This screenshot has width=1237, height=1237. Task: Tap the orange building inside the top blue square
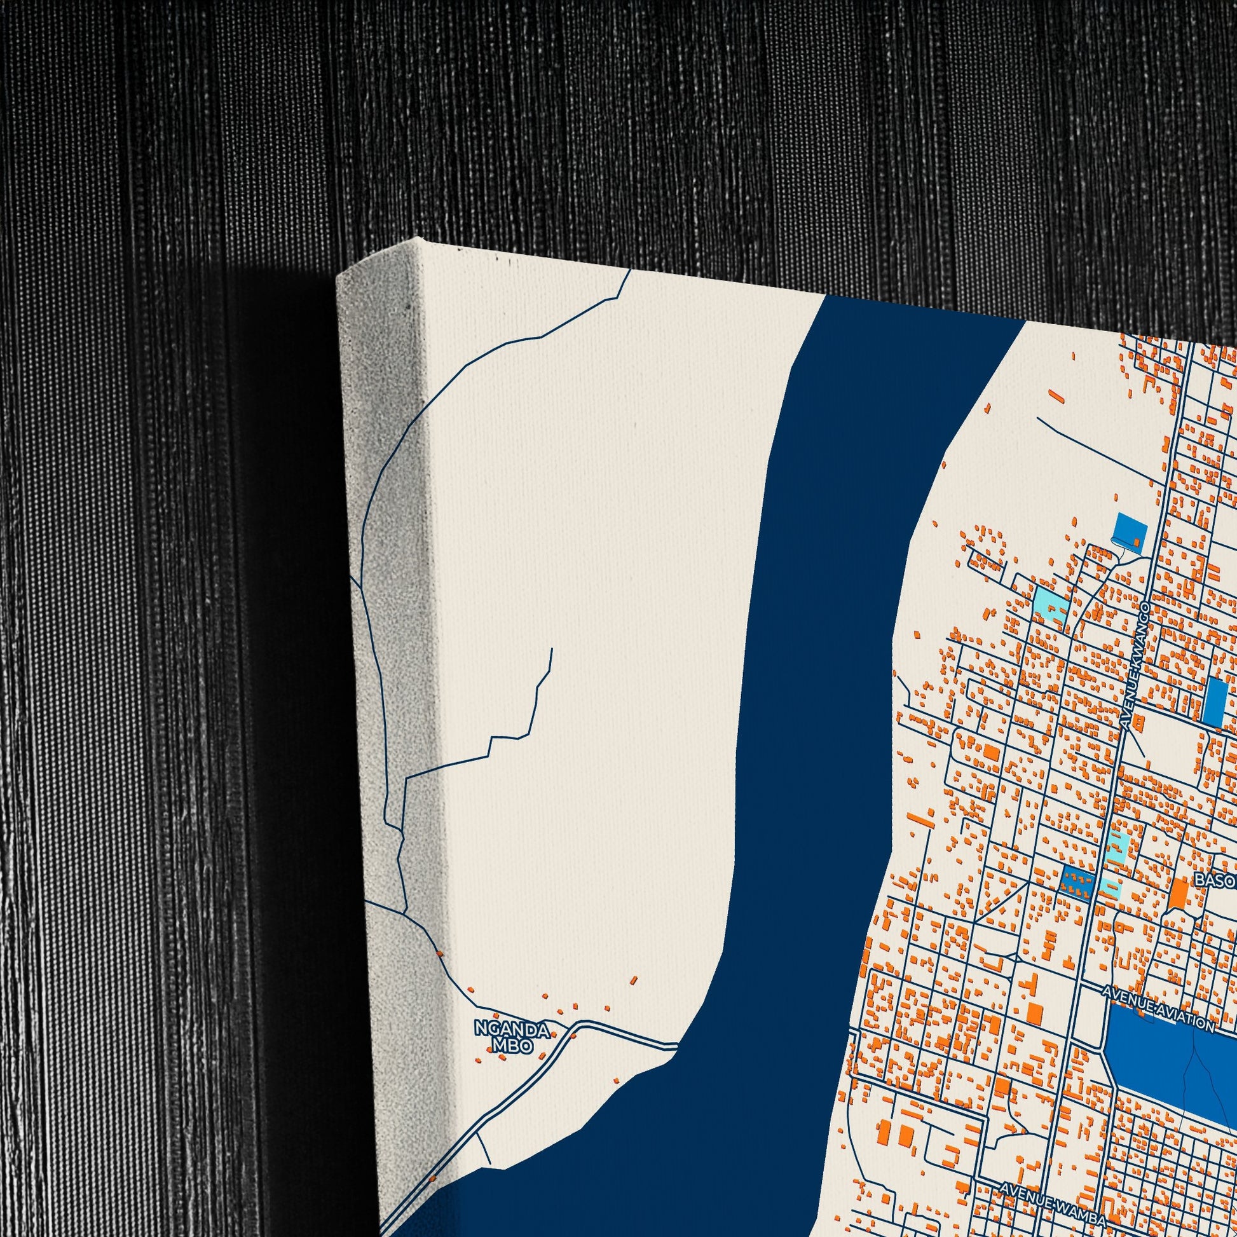click(x=1137, y=542)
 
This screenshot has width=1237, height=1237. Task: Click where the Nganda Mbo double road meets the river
click(x=676, y=1046)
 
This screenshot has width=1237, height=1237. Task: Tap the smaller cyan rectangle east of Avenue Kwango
click(x=1112, y=887)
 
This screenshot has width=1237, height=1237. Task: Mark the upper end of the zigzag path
click(x=551, y=649)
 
